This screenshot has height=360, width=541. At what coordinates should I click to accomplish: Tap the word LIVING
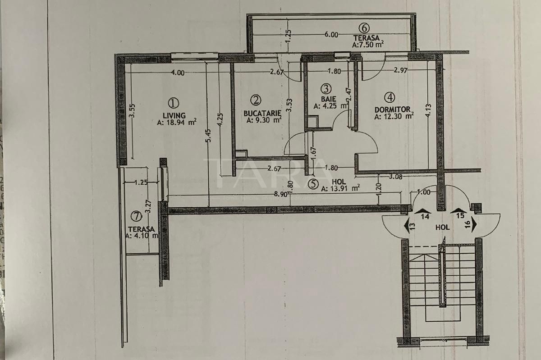pyautogui.click(x=174, y=115)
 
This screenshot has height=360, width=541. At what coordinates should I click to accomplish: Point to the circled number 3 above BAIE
pyautogui.click(x=327, y=89)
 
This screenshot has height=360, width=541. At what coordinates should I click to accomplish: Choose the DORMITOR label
pyautogui.click(x=392, y=109)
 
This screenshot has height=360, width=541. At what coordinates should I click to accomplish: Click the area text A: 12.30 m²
pyautogui.click(x=394, y=116)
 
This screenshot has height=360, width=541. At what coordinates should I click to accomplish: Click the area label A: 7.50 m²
pyautogui.click(x=368, y=44)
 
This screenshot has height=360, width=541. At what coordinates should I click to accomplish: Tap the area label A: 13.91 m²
pyautogui.click(x=340, y=189)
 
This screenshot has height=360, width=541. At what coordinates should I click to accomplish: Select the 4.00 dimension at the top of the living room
pyautogui.click(x=178, y=73)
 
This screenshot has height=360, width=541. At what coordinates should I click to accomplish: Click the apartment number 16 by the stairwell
pyautogui.click(x=468, y=223)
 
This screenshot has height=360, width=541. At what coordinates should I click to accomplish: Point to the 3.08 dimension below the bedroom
pyautogui.click(x=395, y=176)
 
